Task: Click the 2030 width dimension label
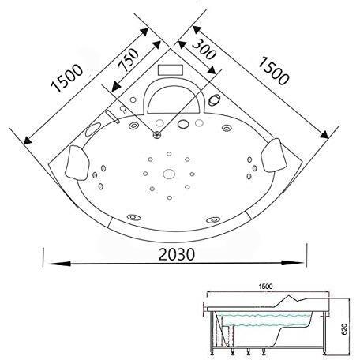pyautogui.click(x=177, y=254)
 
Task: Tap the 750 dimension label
pyautogui.click(x=128, y=60)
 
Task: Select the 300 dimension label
pyautogui.click(x=204, y=49)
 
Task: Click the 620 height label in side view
pyautogui.click(x=344, y=329)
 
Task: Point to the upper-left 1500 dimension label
pyautogui.click(x=66, y=78)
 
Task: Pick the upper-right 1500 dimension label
pyautogui.click(x=273, y=71)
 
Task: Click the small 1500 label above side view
pyautogui.click(x=265, y=287)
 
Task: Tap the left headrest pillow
pyautogui.click(x=77, y=163)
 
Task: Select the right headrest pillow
pyautogui.click(x=274, y=156)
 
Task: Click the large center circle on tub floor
pyautogui.click(x=169, y=174)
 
